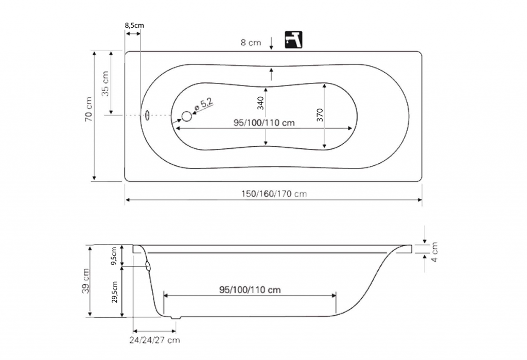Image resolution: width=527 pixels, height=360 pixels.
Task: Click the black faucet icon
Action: tap(293, 40)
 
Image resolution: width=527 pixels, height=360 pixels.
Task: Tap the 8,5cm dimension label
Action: tap(134, 25)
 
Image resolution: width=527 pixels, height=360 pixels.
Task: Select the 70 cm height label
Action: tap(89, 109)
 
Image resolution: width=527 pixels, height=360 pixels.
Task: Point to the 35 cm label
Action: tap(106, 84)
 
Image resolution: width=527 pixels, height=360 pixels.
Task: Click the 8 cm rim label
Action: tap(251, 42)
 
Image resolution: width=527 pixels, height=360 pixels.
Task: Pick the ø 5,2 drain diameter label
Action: tap(204, 105)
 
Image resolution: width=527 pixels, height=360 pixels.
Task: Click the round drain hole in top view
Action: tap(187, 116)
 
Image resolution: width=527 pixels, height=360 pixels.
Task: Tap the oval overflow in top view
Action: tap(147, 115)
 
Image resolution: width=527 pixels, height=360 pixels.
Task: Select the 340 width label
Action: tap(260, 104)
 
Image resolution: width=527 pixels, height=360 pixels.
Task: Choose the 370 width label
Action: tap(320, 115)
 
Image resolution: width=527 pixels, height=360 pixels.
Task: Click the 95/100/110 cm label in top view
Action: tap(264, 123)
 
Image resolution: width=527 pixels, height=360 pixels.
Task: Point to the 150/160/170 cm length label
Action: tap(274, 194)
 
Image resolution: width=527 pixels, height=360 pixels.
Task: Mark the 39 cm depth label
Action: tap(86, 281)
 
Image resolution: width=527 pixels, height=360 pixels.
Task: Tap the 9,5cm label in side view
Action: tap(114, 255)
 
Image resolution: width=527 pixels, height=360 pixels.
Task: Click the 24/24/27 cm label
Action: tap(154, 340)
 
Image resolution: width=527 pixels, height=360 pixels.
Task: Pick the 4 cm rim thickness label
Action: tap(434, 252)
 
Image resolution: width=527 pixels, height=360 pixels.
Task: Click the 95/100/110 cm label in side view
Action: tap(250, 289)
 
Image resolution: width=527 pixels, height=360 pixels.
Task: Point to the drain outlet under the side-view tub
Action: tap(175, 317)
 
